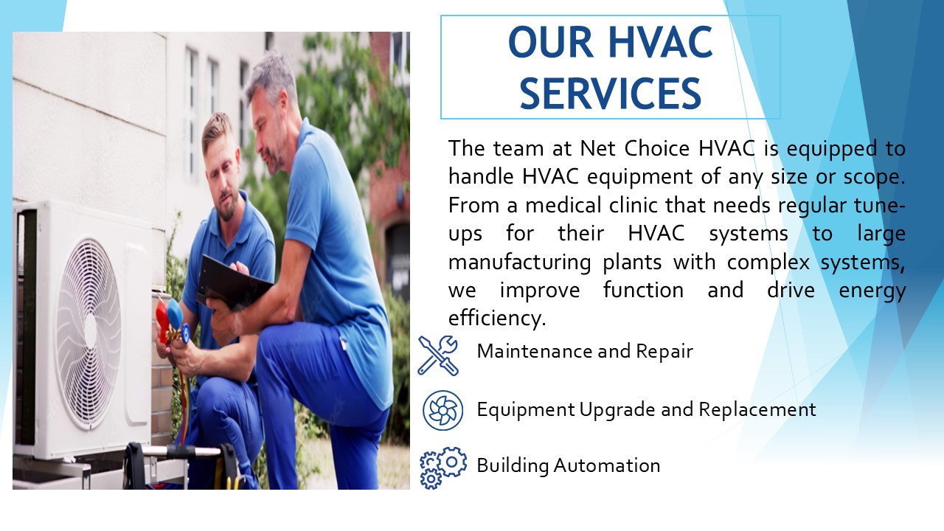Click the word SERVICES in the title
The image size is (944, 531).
[610, 93]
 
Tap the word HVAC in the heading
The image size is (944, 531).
[660, 42]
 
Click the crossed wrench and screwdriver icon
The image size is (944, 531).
[438, 355]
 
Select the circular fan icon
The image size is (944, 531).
[443, 410]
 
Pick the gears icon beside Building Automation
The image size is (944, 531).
[443, 468]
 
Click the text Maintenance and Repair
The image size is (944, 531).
[585, 351]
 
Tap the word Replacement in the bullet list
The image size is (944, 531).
[757, 409]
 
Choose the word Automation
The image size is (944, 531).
[606, 465]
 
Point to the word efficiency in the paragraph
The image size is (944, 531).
[497, 318]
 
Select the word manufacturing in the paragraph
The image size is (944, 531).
[520, 263]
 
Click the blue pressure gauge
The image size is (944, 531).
[175, 310]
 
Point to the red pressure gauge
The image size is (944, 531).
[162, 317]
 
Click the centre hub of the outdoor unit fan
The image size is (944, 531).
[90, 333]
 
